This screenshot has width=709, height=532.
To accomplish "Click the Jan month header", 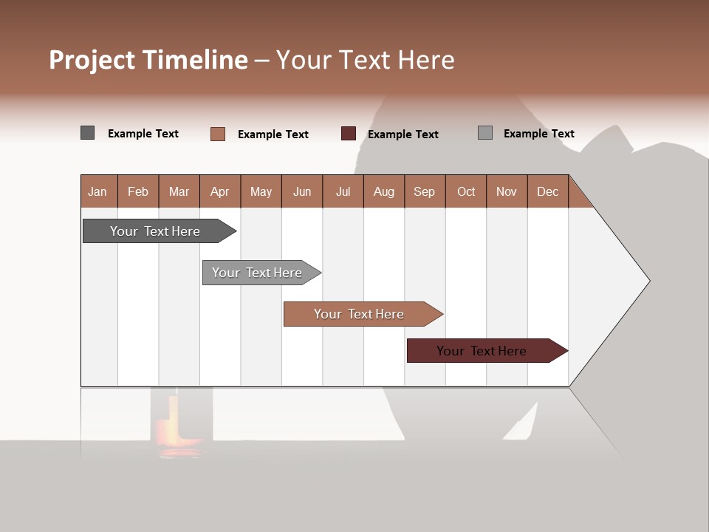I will [x=98, y=191].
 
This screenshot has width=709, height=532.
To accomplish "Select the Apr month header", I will [x=220, y=191].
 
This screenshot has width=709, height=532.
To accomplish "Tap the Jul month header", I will [x=343, y=191].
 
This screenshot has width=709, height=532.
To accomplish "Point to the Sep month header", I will [x=425, y=191].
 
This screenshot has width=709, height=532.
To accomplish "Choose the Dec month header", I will [x=547, y=191].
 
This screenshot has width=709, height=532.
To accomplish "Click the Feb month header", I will [x=138, y=191].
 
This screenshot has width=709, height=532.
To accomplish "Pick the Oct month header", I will [x=466, y=191].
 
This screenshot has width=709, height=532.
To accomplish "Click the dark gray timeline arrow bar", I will [x=155, y=231].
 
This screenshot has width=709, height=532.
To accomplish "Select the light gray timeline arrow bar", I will [x=257, y=273].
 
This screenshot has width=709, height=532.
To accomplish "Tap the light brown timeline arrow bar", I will [x=359, y=314].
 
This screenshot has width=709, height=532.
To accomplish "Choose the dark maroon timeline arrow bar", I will [x=482, y=351].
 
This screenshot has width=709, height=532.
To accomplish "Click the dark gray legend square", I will [x=87, y=133].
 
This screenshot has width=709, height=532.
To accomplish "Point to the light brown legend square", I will [x=218, y=134].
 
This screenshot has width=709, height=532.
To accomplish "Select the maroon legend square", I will [x=349, y=133].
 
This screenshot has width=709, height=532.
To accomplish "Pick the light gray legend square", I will [x=484, y=133].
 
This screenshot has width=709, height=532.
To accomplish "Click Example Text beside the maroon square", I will [x=403, y=134].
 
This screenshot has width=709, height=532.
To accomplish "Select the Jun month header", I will [x=302, y=191].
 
